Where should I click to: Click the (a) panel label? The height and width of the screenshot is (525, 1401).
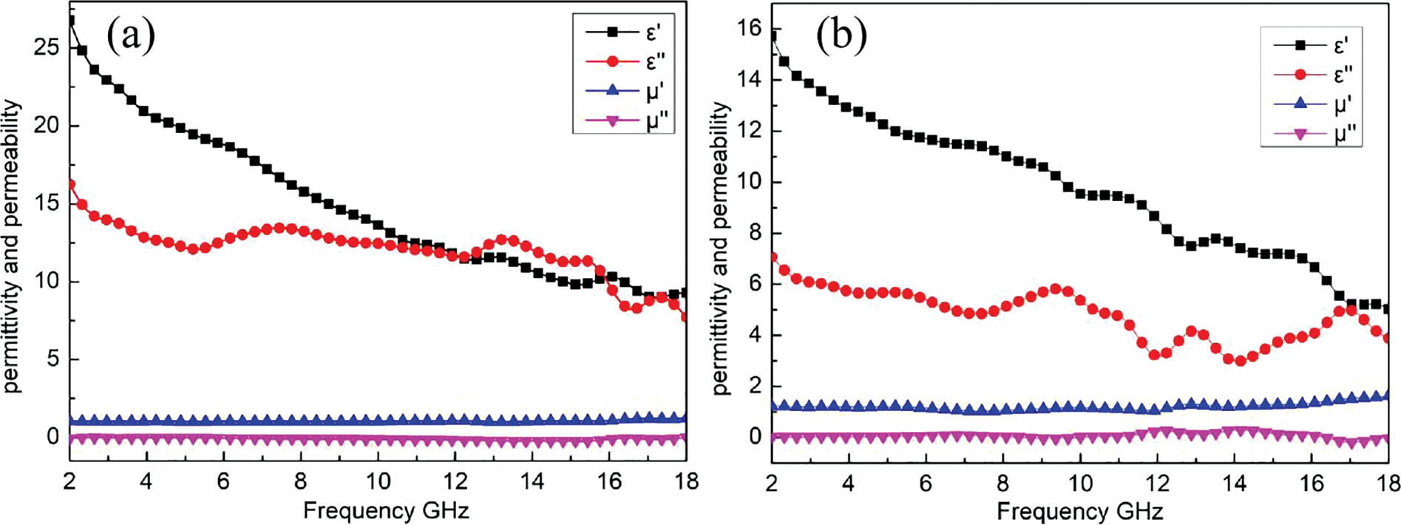(131, 35)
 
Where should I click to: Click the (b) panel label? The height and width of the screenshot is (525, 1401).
(841, 37)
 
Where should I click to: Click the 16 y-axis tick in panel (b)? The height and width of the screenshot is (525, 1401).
(751, 29)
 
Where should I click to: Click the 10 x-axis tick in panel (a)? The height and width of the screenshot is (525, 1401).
(378, 482)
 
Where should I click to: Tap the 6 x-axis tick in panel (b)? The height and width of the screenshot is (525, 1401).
(926, 484)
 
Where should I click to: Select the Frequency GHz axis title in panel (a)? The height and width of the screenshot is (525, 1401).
(386, 510)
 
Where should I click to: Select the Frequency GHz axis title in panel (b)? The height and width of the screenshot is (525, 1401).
(1079, 511)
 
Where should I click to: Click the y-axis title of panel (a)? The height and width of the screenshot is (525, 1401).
(13, 247)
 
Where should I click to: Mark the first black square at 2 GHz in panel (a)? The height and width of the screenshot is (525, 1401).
(71, 21)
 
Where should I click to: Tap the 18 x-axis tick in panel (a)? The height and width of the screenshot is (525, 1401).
(686, 482)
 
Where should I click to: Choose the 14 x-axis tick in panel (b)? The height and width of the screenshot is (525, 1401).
(1234, 484)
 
